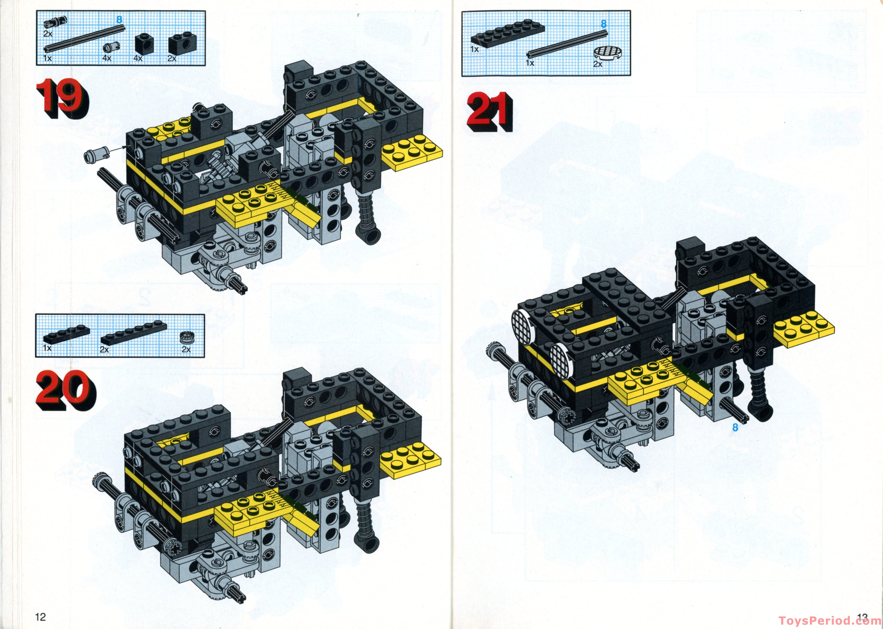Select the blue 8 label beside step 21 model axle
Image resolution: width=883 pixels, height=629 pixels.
(x=735, y=428)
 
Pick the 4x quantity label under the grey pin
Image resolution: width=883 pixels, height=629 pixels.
(x=107, y=58)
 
